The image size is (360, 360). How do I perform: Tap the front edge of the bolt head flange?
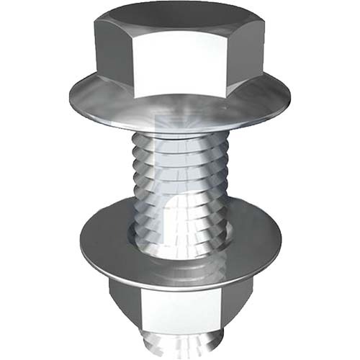click(180, 124)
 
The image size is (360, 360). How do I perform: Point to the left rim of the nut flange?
click(79, 241)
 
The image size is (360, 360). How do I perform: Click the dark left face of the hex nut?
click(122, 302)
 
